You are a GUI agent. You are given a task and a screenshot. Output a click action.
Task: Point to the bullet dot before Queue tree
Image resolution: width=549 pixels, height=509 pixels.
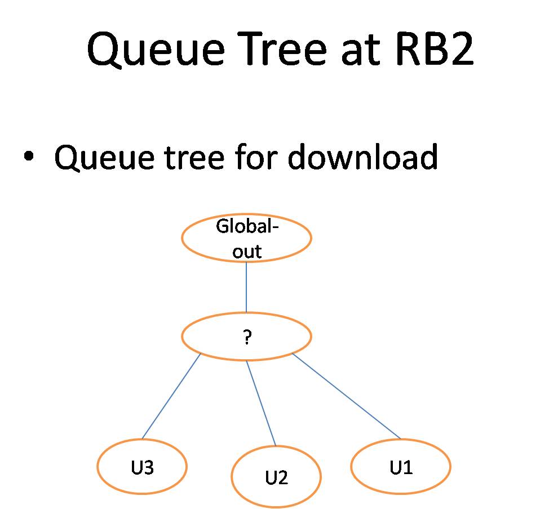[x=28, y=157]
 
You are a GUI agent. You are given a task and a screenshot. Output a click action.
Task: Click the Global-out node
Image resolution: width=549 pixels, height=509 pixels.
[x=246, y=238]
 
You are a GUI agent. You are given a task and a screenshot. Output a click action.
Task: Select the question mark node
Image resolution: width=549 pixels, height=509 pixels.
[x=246, y=336]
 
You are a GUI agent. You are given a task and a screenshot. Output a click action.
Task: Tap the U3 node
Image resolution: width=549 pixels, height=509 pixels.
[x=141, y=467]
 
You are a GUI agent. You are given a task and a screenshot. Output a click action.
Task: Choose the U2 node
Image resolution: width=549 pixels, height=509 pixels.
[x=276, y=477]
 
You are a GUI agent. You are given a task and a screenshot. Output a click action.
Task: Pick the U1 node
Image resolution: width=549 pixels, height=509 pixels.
[x=401, y=467]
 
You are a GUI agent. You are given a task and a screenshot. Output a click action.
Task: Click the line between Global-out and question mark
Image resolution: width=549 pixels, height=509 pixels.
[x=246, y=287]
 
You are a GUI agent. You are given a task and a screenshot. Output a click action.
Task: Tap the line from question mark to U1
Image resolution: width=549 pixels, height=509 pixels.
[x=347, y=396]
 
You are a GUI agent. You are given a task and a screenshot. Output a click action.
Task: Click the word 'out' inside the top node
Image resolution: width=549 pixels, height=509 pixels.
[x=247, y=251]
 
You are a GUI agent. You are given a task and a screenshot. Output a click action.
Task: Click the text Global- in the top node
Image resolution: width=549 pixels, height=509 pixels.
[x=247, y=227]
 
